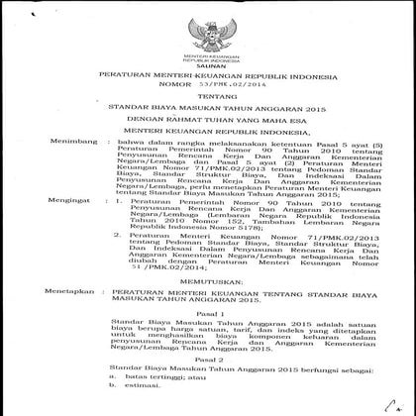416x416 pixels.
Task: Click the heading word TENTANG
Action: [x=207, y=98]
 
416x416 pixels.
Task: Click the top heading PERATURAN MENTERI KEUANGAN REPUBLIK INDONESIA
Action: [x=208, y=75]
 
